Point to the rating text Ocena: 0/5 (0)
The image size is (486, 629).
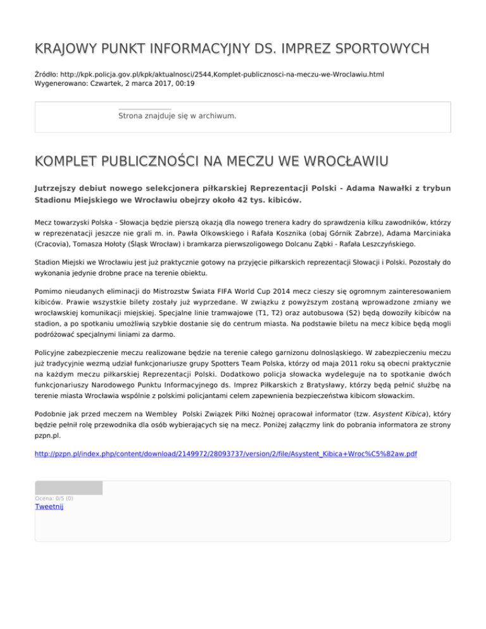click(54, 499)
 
